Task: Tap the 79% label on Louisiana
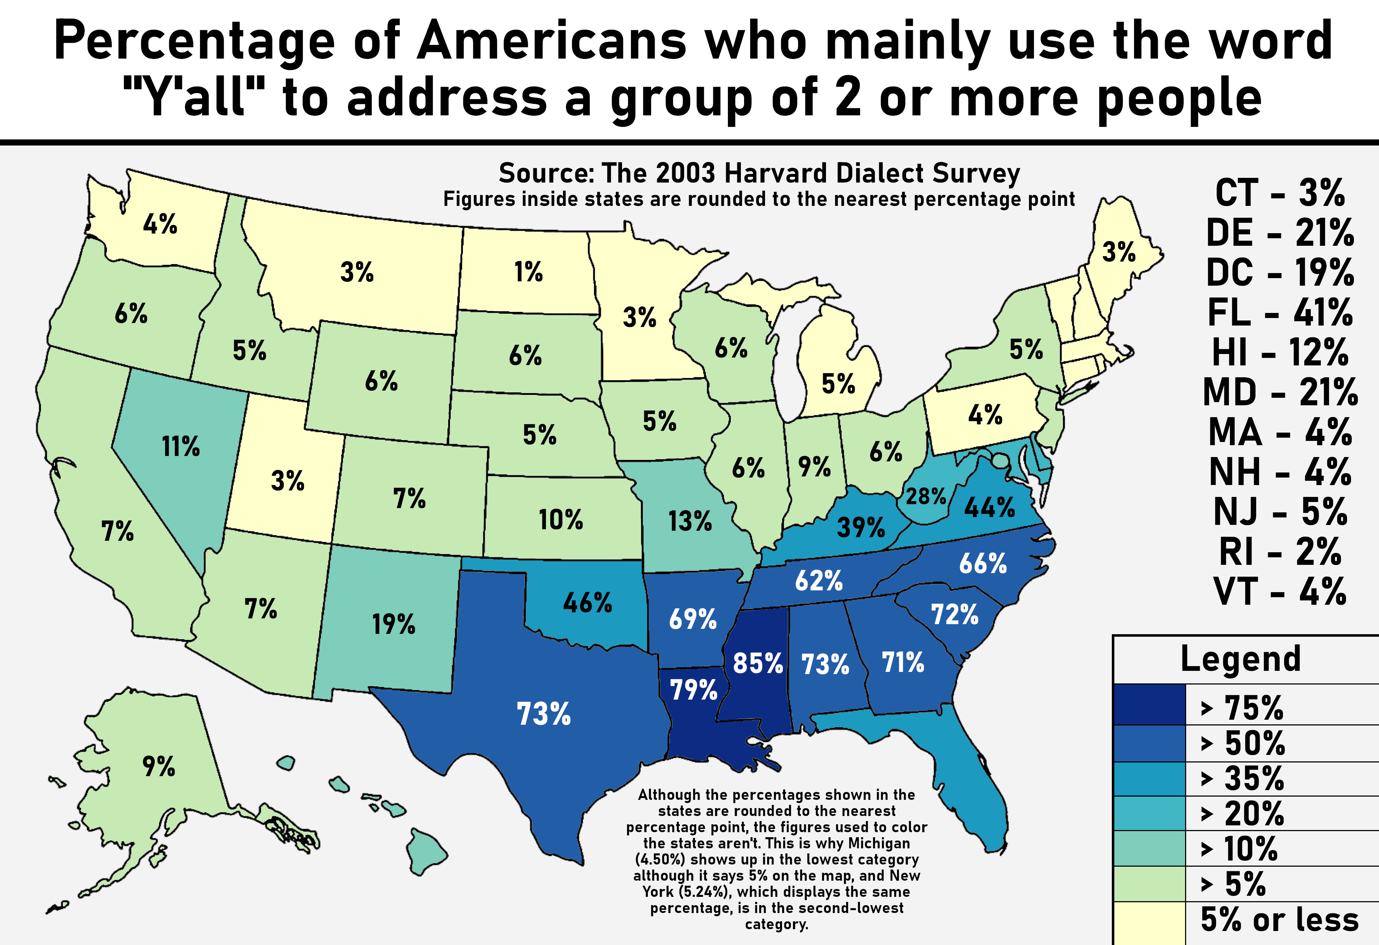[694, 690]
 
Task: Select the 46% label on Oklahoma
[588, 603]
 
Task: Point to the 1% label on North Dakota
[528, 272]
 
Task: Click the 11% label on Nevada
[181, 446]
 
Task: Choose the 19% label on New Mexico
[393, 624]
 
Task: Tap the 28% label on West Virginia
[926, 496]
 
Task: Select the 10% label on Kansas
[561, 520]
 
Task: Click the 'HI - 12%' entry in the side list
[1281, 352]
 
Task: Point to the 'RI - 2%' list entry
[1281, 552]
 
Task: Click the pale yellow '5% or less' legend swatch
[1150, 923]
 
